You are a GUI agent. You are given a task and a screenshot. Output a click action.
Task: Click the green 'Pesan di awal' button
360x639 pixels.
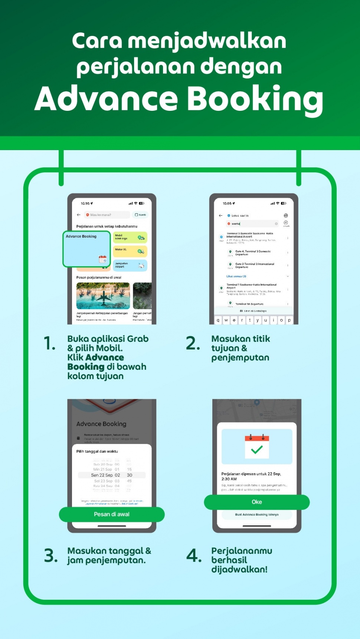[x=111, y=514]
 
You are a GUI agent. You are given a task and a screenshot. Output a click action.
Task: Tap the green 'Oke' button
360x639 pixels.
[x=256, y=502]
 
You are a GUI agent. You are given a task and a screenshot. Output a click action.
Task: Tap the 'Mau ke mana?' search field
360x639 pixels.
[x=107, y=215]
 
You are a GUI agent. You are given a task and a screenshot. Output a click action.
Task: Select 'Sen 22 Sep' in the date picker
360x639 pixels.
[x=102, y=475]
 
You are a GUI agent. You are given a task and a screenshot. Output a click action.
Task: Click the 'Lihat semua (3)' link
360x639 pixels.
[x=236, y=276]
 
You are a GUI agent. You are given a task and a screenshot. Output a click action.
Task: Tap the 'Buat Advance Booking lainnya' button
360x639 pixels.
[x=256, y=515]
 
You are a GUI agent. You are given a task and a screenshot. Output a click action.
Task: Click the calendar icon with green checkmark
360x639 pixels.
[x=257, y=447]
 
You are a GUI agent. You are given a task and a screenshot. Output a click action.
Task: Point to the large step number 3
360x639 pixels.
[x=50, y=556]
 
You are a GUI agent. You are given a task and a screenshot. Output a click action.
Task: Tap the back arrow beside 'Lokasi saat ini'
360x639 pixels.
[x=220, y=215]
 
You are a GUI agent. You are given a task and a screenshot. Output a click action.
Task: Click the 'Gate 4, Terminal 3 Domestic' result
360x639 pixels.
[x=253, y=253]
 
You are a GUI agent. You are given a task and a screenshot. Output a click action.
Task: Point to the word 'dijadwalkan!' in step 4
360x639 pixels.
[x=239, y=569]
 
